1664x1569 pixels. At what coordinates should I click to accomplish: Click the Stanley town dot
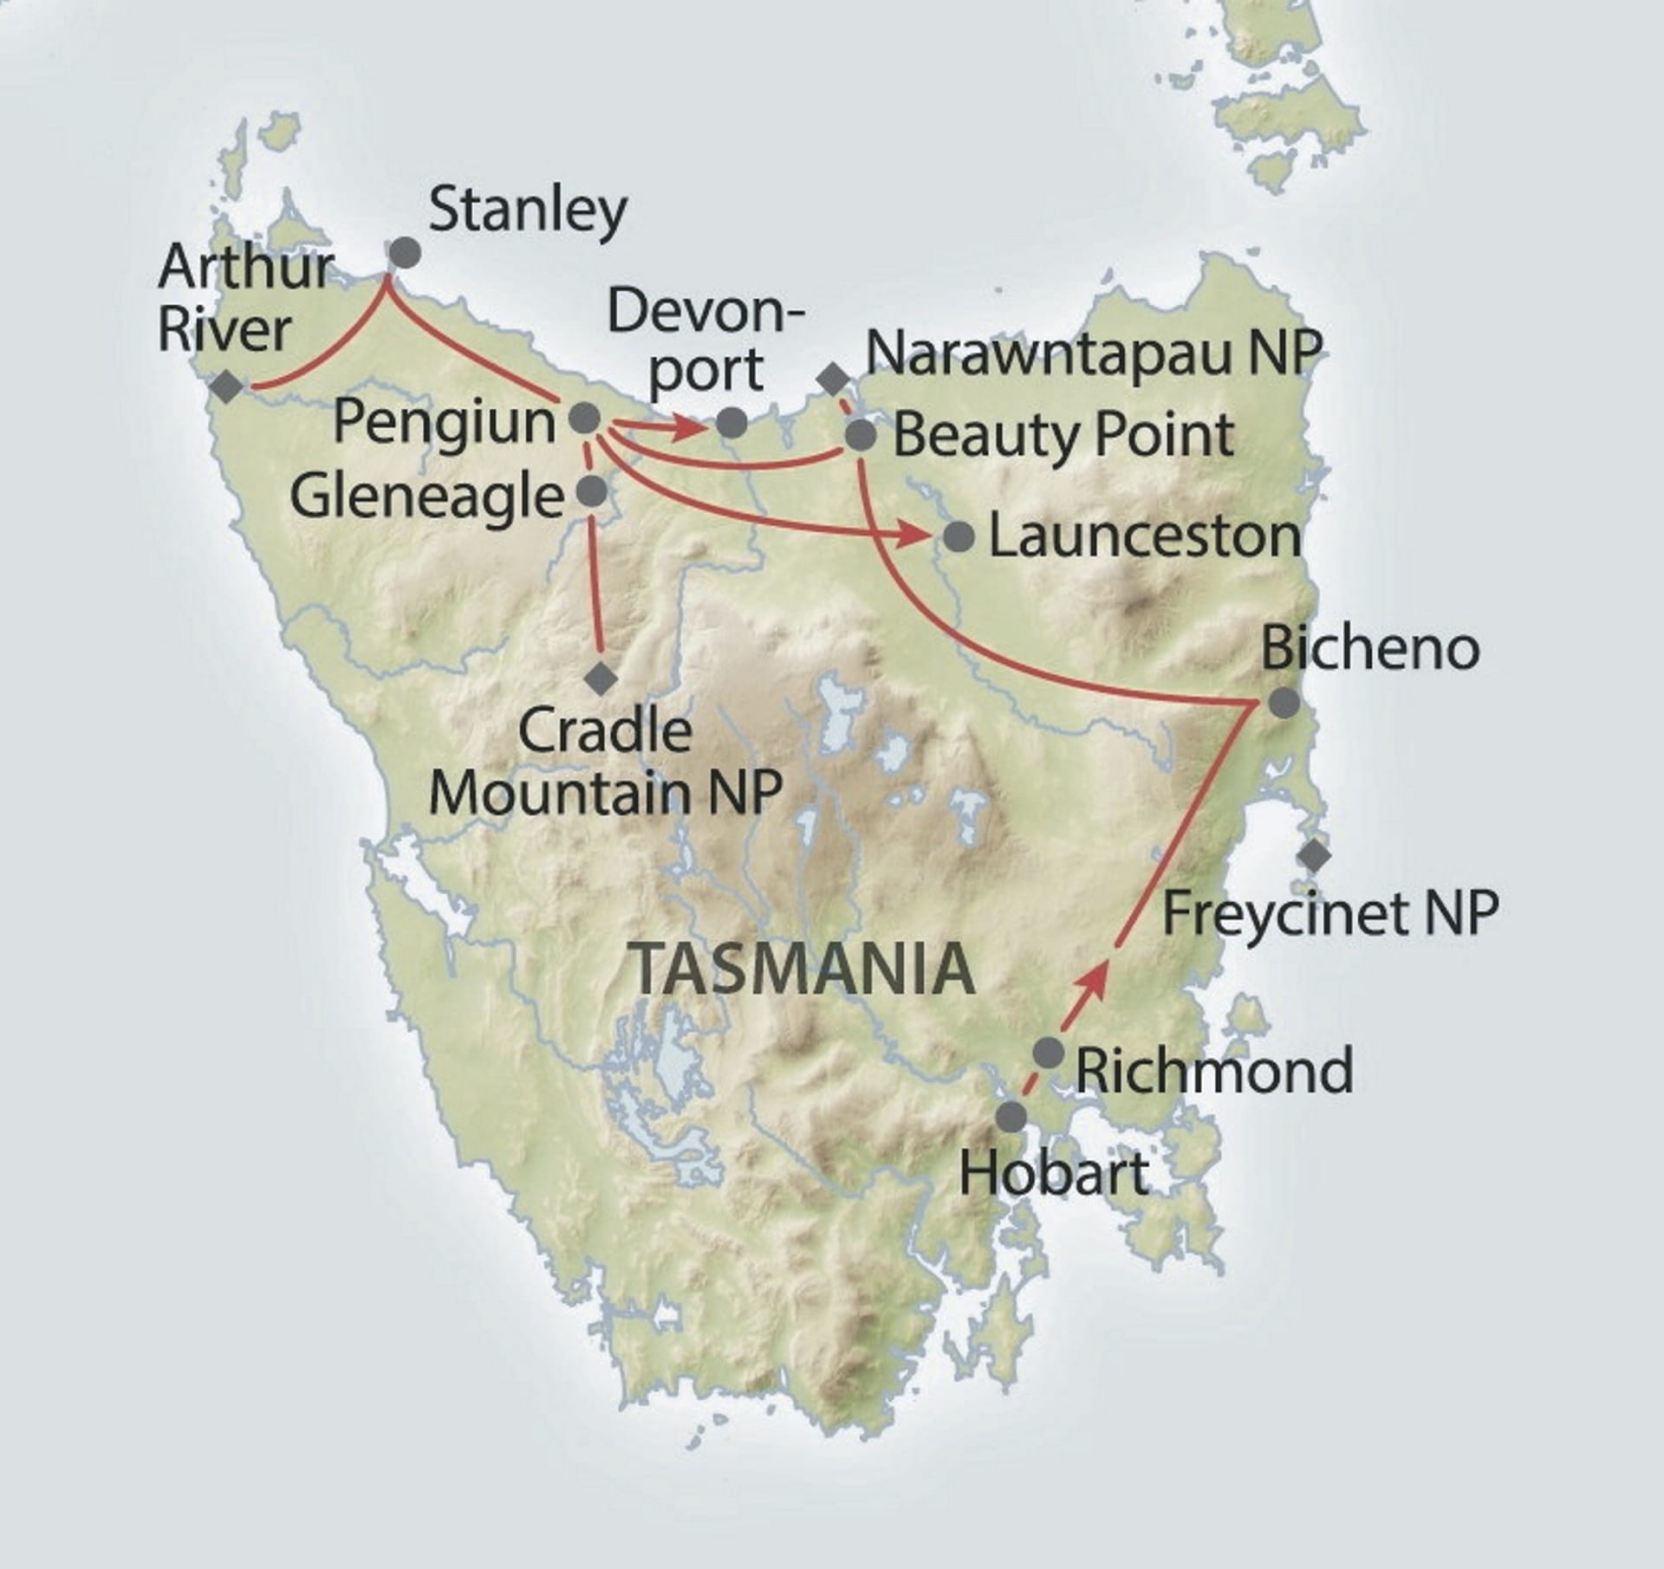[x=405, y=253]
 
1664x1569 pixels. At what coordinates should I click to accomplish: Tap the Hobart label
[x=1055, y=1173]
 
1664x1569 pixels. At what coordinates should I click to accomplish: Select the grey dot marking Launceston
[x=959, y=537]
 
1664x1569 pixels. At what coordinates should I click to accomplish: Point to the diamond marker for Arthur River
[x=228, y=386]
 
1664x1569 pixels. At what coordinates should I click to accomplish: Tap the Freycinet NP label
[x=1329, y=912]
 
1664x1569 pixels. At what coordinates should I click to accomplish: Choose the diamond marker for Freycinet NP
[x=1315, y=856]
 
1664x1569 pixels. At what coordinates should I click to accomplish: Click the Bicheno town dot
[x=1284, y=703]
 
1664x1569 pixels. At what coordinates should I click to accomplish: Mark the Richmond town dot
[x=1049, y=1052]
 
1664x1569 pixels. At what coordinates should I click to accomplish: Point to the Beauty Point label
[x=1063, y=435]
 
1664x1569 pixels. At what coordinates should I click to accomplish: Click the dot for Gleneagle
[x=592, y=491]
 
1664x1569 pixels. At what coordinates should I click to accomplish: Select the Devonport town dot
[x=732, y=423]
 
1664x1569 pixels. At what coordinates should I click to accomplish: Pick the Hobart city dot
[x=1011, y=1117]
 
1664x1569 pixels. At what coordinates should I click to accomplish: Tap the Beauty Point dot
[x=861, y=435]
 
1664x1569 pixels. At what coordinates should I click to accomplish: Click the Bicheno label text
[x=1369, y=649]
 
